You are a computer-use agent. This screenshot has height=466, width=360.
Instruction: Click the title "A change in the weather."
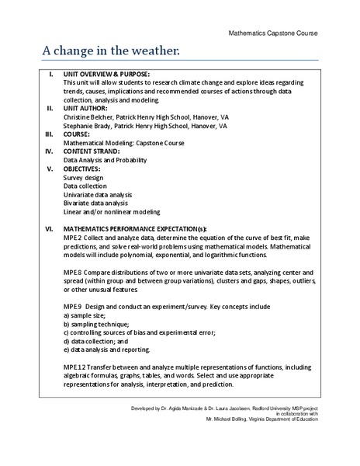[x=110, y=50]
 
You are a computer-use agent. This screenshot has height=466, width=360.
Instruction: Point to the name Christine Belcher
[x=88, y=116]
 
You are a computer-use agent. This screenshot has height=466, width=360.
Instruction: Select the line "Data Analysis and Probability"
[x=108, y=159]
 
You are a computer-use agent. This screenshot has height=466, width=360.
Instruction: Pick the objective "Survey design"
[x=85, y=177]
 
